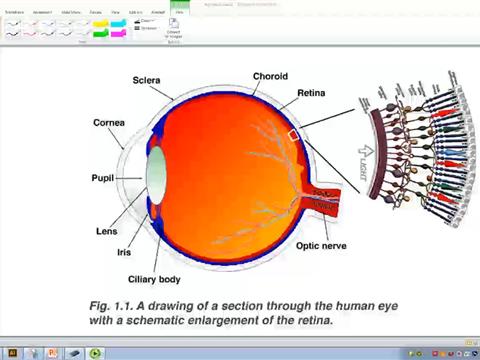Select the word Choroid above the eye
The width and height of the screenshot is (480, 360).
(x=272, y=76)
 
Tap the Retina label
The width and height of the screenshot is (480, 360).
(x=310, y=95)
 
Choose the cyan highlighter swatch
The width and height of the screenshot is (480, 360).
(x=118, y=23)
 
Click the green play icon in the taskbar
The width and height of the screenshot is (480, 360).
(x=96, y=353)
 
